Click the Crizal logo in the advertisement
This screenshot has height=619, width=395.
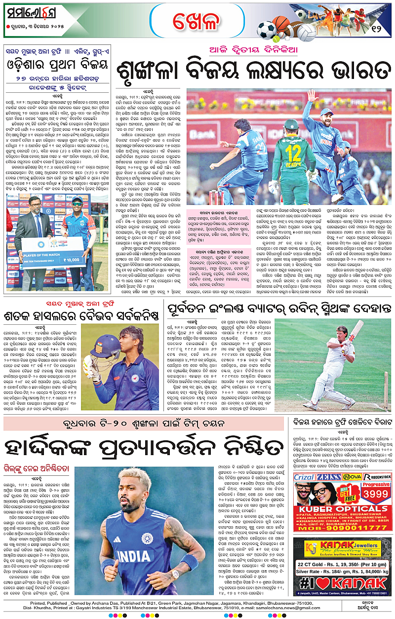[x=304, y=476]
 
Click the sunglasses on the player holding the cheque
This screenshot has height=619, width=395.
[x=77, y=203]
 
